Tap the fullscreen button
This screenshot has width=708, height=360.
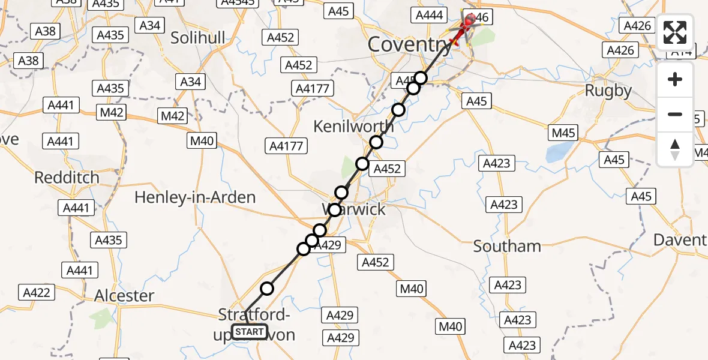click(x=675, y=33)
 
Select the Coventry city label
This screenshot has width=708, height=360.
click(x=409, y=44)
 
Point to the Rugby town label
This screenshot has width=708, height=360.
click(x=609, y=91)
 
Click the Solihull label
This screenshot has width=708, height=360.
click(x=198, y=38)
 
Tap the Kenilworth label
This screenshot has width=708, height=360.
click(x=354, y=127)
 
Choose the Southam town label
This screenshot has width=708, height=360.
click(x=507, y=246)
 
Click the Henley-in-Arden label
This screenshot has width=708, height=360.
click(x=195, y=197)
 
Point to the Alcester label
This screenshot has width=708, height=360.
click(x=124, y=296)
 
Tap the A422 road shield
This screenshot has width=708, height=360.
click(x=37, y=292)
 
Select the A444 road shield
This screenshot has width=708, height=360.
click(x=430, y=15)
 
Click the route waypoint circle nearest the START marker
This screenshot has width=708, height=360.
click(x=266, y=289)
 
